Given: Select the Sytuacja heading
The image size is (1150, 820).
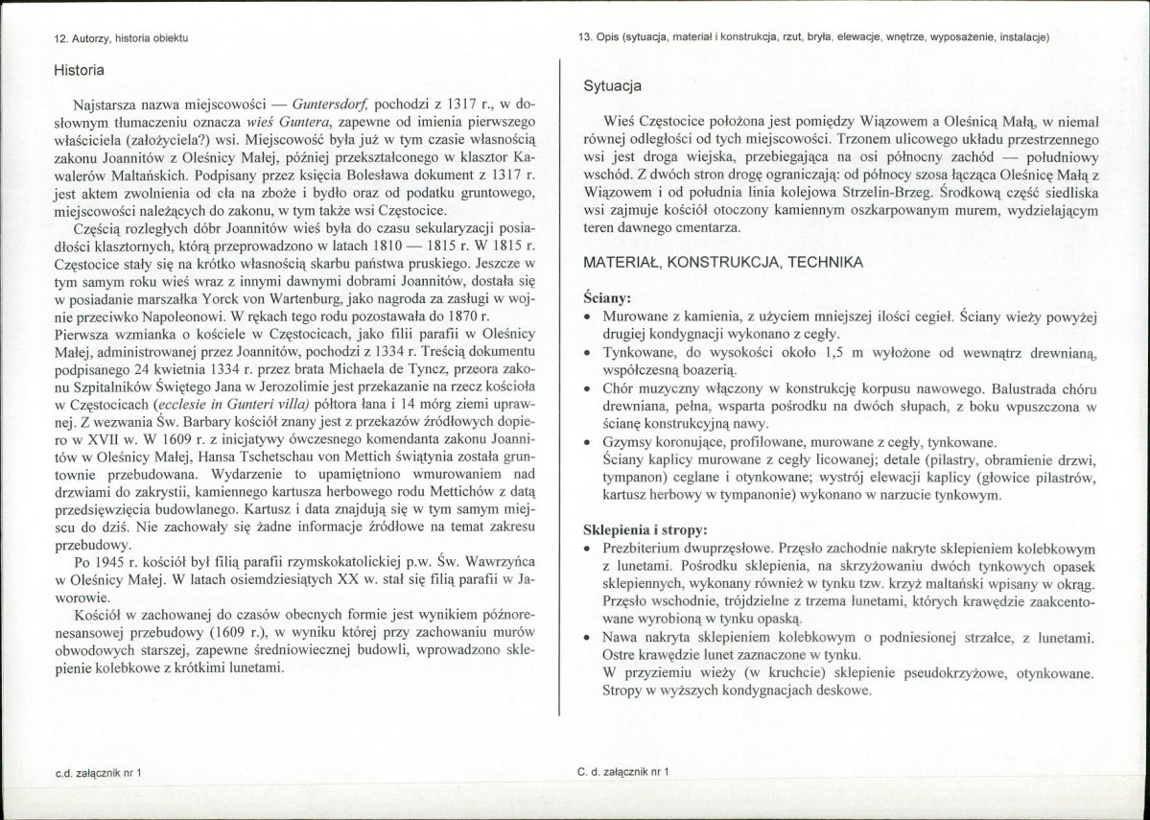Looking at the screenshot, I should tap(614, 86).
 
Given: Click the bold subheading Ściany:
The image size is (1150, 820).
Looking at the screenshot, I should tap(607, 298).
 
